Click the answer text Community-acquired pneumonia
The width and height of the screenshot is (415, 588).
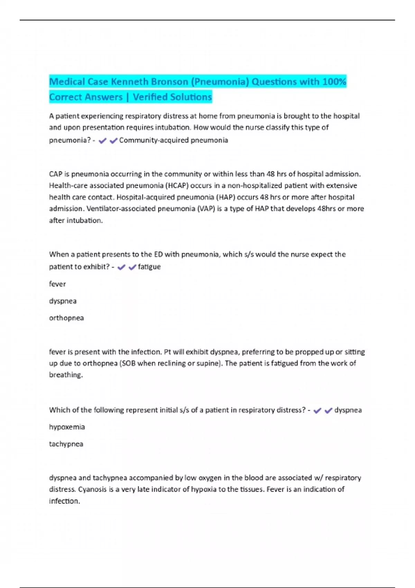tap(174, 140)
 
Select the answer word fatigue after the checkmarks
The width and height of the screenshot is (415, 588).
tap(149, 267)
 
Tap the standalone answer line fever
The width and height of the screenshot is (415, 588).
tap(57, 284)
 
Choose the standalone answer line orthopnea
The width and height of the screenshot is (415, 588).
tap(66, 318)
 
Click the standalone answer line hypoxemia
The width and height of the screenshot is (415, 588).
tap(67, 427)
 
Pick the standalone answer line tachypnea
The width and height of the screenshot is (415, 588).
tap(66, 444)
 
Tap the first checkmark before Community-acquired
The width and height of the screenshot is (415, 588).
tap(102, 140)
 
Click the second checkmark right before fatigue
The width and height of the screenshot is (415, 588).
tap(132, 267)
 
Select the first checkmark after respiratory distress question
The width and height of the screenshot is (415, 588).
tap(317, 410)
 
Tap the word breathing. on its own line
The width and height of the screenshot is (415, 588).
tap(66, 375)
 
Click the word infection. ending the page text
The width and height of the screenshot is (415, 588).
tap(65, 501)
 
